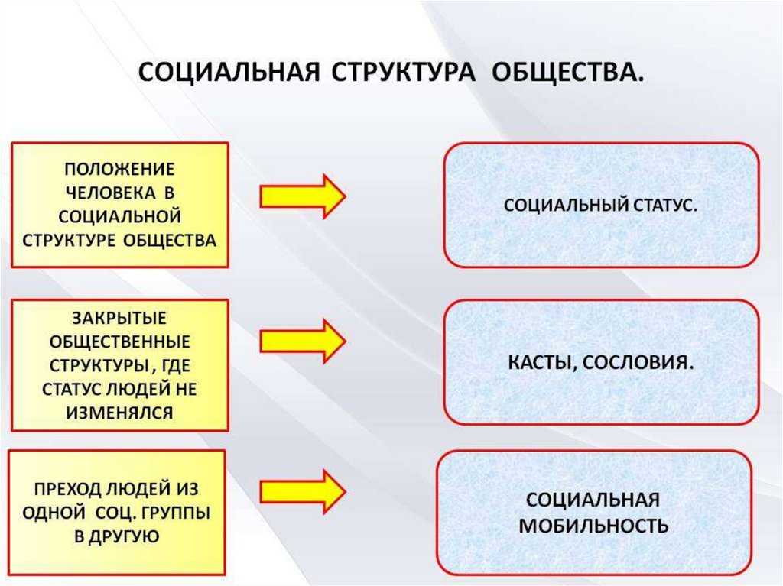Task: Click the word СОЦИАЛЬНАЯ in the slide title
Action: click(229, 73)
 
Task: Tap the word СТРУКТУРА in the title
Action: click(403, 73)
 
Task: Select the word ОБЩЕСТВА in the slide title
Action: click(568, 73)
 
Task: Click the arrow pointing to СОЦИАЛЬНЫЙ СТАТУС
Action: click(303, 196)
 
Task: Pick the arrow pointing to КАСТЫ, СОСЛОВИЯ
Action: click(303, 342)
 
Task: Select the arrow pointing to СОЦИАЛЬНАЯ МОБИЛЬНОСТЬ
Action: click(303, 491)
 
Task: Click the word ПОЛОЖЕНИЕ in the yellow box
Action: click(120, 169)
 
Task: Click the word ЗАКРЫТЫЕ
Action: click(120, 318)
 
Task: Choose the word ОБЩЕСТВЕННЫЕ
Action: click(120, 342)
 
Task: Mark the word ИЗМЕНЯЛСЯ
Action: click(120, 413)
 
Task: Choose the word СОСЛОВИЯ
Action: click(638, 362)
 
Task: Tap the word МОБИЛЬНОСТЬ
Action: click(593, 526)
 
